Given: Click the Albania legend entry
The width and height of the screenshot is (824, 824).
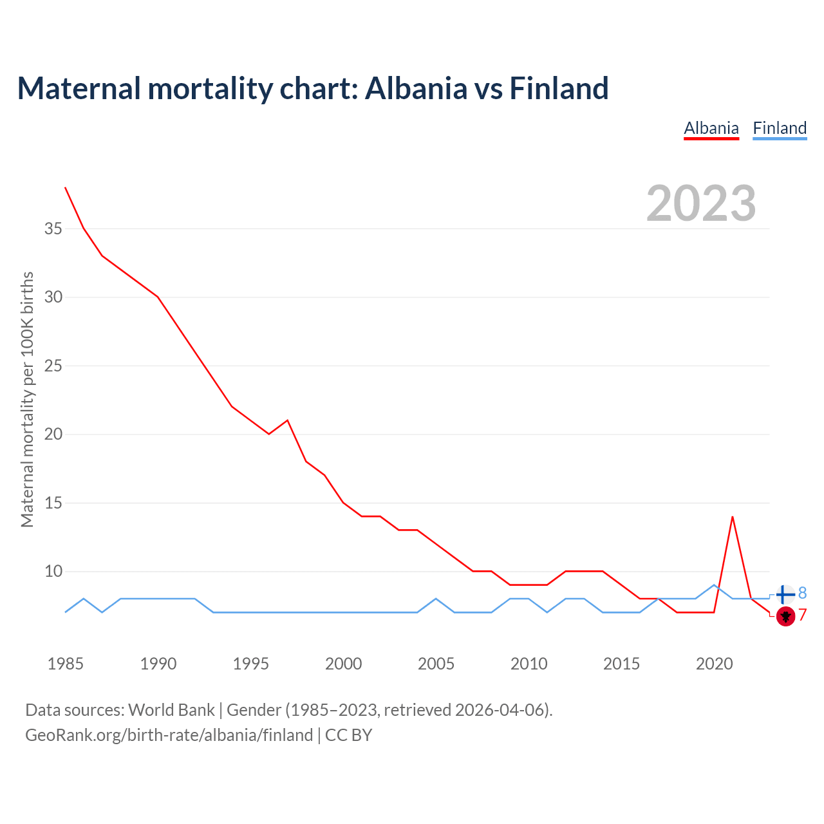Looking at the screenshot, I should [x=711, y=128].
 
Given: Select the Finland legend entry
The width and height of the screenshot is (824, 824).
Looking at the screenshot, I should [x=780, y=128].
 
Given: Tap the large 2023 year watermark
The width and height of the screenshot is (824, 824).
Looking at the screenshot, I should [x=701, y=203].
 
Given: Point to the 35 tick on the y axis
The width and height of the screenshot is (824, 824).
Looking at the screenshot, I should [x=53, y=229].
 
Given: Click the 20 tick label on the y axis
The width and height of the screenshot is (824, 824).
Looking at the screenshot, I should [x=53, y=434].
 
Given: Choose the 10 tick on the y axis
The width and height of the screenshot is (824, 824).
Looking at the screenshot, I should [x=53, y=571].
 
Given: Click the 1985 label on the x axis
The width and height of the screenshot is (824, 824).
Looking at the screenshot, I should [x=66, y=664].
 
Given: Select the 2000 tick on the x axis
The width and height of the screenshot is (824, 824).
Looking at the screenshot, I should [x=343, y=664].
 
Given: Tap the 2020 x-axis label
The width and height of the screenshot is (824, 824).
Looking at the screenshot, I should [x=714, y=664].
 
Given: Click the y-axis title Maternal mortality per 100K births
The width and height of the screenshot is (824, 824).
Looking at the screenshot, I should [x=27, y=399].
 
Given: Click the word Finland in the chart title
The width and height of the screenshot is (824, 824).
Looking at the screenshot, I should [x=559, y=88].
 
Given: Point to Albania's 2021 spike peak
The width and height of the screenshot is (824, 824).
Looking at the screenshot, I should [x=732, y=517].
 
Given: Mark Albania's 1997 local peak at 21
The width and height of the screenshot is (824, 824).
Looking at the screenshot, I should [x=287, y=420].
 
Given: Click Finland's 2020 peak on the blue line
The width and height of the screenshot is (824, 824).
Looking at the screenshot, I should [x=714, y=585].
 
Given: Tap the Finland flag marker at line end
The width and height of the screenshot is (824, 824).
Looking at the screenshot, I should [x=785, y=594].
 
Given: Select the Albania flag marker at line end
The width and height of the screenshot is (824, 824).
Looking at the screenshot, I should [x=785, y=616].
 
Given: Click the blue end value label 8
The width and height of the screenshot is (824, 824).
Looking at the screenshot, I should [x=802, y=593].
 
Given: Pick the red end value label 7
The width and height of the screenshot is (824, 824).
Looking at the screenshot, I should [x=802, y=615].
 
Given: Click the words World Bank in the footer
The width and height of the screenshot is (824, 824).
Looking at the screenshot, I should [x=171, y=710].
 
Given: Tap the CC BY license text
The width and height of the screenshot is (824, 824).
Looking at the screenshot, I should [x=348, y=735].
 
